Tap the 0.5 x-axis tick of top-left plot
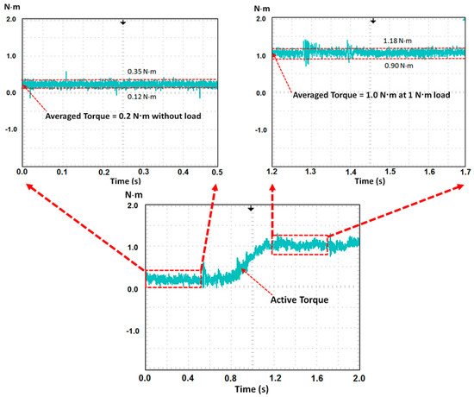(216, 173)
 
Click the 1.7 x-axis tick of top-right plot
(465, 173)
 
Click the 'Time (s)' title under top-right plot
(369, 184)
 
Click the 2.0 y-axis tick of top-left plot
(9, 18)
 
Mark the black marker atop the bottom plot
(251, 208)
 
